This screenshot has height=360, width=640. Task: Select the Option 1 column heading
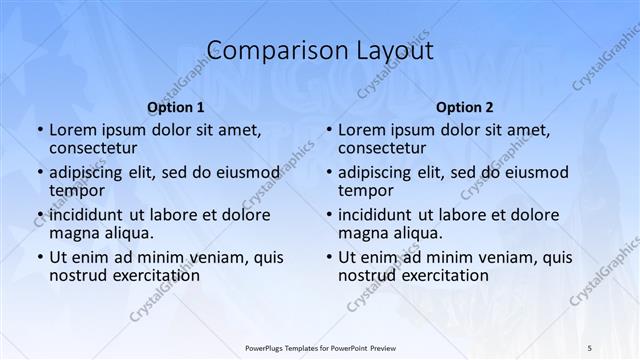pyautogui.click(x=175, y=107)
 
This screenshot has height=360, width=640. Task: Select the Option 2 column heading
pyautogui.click(x=464, y=107)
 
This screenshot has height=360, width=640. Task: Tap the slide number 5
pyautogui.click(x=590, y=346)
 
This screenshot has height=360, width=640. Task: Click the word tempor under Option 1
pyautogui.click(x=74, y=191)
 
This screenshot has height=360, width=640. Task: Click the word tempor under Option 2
pyautogui.click(x=363, y=191)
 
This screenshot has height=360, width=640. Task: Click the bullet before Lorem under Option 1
pyautogui.click(x=39, y=130)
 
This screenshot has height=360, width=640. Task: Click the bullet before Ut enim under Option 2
pyautogui.click(x=328, y=257)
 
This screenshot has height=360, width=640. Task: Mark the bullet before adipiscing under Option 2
pyautogui.click(x=328, y=172)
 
